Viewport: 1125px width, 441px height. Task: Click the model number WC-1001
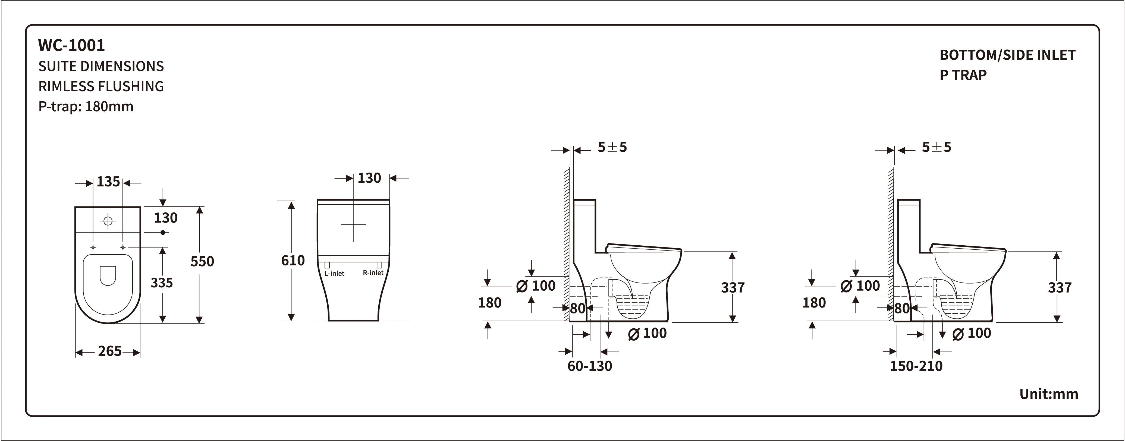(72, 45)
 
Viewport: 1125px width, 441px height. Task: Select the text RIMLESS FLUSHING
(101, 86)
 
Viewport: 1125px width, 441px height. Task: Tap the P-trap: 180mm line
(86, 106)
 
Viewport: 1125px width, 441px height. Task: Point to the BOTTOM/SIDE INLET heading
(1007, 55)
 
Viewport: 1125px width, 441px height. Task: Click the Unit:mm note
(1049, 394)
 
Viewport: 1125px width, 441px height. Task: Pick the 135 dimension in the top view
(108, 182)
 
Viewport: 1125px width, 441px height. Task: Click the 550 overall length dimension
(202, 261)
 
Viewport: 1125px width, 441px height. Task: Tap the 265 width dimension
(110, 351)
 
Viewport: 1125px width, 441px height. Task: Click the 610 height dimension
(293, 261)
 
